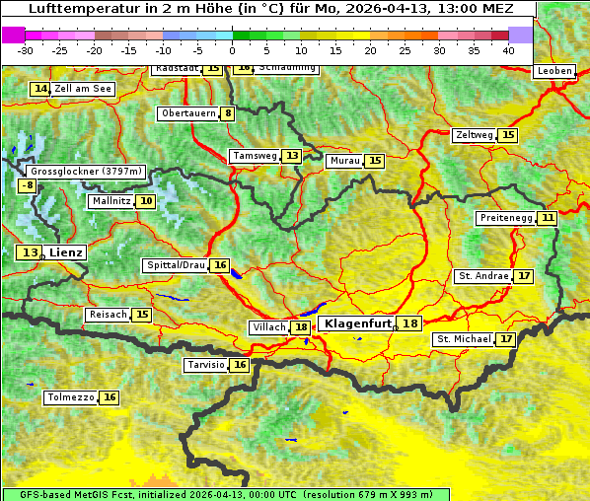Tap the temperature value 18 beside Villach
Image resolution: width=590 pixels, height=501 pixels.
(301, 327)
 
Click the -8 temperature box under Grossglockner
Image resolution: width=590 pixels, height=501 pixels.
(28, 185)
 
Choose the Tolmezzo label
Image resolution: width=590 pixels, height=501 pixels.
(71, 397)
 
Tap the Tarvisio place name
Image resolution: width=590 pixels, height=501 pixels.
(206, 365)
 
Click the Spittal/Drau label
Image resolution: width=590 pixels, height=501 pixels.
(176, 265)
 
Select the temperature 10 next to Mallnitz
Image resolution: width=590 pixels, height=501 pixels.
(146, 201)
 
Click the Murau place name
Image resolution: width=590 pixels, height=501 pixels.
(345, 161)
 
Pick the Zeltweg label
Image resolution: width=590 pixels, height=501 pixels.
(474, 135)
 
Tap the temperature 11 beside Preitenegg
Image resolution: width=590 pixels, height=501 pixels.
(548, 218)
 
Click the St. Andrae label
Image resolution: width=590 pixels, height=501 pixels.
(483, 276)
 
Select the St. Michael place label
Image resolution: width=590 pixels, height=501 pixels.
(464, 339)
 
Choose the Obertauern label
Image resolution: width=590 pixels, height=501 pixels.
(188, 113)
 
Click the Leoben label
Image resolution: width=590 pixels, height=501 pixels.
(554, 71)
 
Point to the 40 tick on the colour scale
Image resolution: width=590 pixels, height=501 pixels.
(508, 49)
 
